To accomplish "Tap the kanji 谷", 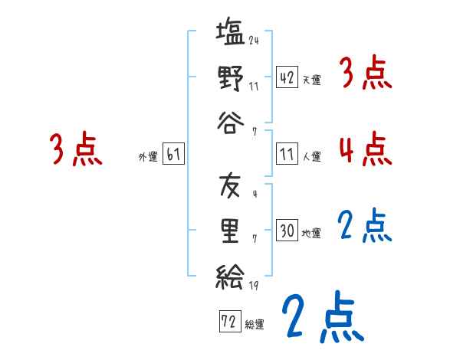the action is coord(230,119).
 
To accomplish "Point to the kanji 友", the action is coord(230,186).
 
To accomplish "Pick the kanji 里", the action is coord(230,229).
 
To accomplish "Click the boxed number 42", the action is coord(287,77).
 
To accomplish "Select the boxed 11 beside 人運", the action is coord(287,154).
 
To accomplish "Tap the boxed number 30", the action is coord(287,230).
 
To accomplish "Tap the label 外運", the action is coord(147,157).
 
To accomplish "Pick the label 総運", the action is coord(255,324).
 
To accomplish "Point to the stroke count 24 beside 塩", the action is coord(254,41).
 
